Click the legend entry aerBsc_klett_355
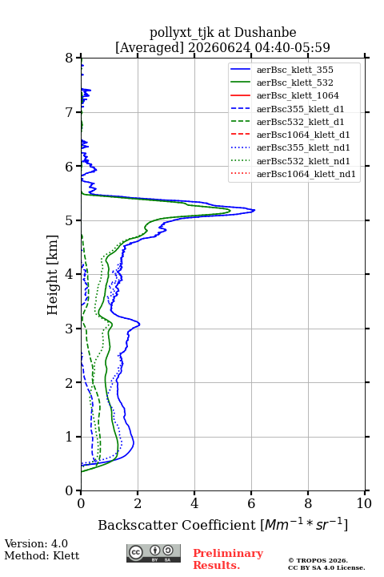294,70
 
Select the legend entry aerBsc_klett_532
294,83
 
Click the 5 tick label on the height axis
70,220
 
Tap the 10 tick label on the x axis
364,503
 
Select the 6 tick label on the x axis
251,503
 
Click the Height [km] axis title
52,275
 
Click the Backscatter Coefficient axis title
222,524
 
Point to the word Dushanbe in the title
265,32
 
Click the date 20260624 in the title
219,47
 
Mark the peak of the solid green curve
230,211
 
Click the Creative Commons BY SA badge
154,553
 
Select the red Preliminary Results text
228,559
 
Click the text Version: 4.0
36,543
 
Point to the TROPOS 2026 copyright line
318,560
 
